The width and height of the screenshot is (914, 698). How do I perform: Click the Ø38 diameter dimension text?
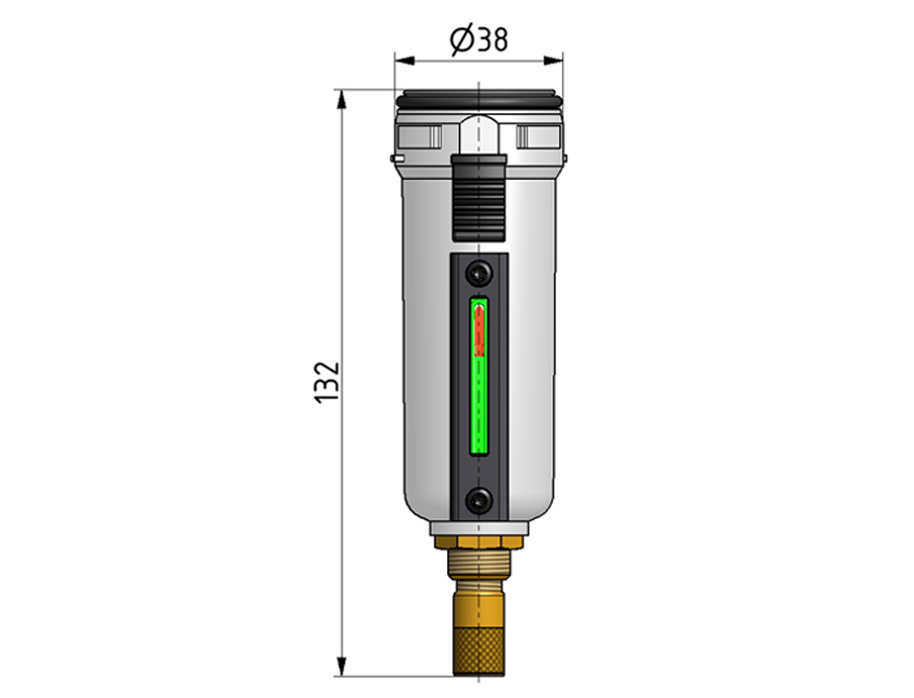[x=478, y=40]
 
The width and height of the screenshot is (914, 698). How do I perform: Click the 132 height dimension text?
[x=327, y=382]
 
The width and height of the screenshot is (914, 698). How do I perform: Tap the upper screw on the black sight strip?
[x=479, y=273]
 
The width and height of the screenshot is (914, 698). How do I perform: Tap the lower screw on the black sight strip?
[x=479, y=500]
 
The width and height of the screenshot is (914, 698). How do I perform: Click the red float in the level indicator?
[x=480, y=330]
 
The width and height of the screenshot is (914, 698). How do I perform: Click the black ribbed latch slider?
[x=478, y=198]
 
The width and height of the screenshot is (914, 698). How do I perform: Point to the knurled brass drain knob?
[x=478, y=650]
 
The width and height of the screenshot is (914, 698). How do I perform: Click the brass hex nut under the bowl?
[x=479, y=543]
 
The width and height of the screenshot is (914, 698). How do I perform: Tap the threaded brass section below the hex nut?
[x=479, y=564]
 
